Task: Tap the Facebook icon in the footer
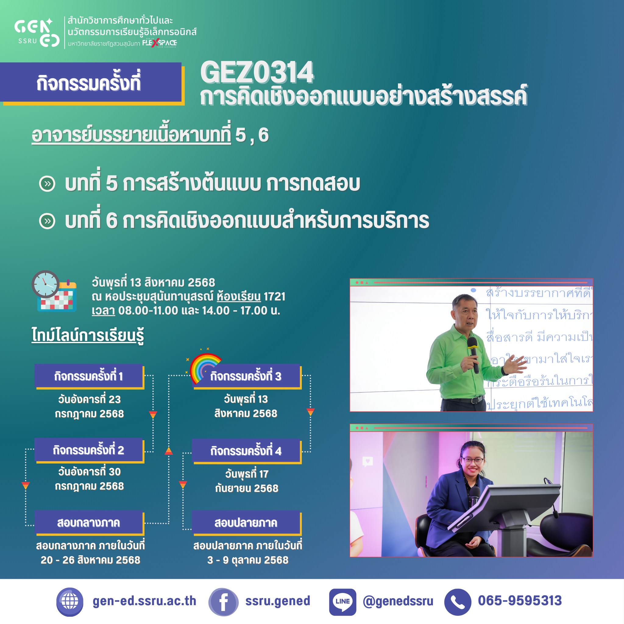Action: pos(223,602)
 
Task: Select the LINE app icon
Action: pos(342,602)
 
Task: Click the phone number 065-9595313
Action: pos(520,601)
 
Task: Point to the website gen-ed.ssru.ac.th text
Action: pos(144,601)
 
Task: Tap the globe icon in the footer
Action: pos(70,602)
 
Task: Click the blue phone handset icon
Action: pos(457,602)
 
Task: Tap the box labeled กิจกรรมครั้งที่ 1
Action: pos(89,376)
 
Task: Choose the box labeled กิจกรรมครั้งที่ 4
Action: pos(246,451)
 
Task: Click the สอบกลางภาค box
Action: pos(89,523)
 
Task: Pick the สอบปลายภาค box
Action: pos(246,523)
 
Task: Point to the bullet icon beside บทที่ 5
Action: pos(48,184)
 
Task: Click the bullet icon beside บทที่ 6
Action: pos(48,221)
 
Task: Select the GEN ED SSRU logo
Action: pos(37,32)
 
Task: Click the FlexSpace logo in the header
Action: pos(160,43)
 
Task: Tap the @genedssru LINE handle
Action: pos(398,601)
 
